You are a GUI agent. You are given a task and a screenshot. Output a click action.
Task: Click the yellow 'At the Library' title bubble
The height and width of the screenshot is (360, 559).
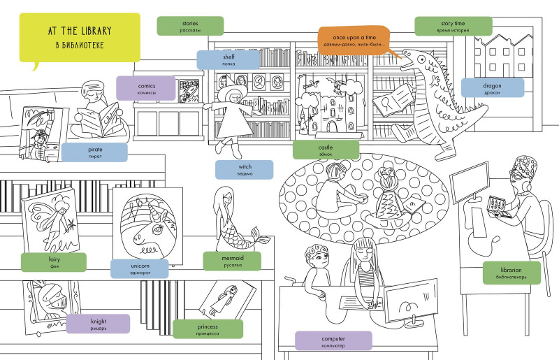(79, 36)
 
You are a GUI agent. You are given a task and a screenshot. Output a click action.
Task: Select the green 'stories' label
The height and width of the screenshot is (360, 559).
(190, 26)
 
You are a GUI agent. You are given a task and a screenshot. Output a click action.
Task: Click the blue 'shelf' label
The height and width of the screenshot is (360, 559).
(228, 59)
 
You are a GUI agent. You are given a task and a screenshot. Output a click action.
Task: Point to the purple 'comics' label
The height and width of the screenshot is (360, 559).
(145, 87)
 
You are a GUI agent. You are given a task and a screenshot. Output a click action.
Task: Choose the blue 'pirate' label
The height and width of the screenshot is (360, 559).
(95, 153)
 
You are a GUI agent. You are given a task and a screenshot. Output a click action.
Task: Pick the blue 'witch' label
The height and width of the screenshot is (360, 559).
(244, 170)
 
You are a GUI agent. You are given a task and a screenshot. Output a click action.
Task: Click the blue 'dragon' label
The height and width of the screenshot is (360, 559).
(492, 87)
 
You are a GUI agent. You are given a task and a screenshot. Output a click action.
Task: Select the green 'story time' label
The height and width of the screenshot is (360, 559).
(453, 26)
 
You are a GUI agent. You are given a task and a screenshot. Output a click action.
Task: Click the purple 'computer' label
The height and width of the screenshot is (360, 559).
(333, 340)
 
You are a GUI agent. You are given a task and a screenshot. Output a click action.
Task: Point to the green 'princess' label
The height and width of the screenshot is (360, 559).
(208, 329)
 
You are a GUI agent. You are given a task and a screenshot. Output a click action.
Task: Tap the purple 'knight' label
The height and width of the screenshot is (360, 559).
(98, 324)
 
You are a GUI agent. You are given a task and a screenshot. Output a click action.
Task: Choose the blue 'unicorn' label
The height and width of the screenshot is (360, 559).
(140, 269)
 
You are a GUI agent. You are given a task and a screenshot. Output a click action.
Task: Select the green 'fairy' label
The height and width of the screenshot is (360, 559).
(54, 262)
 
